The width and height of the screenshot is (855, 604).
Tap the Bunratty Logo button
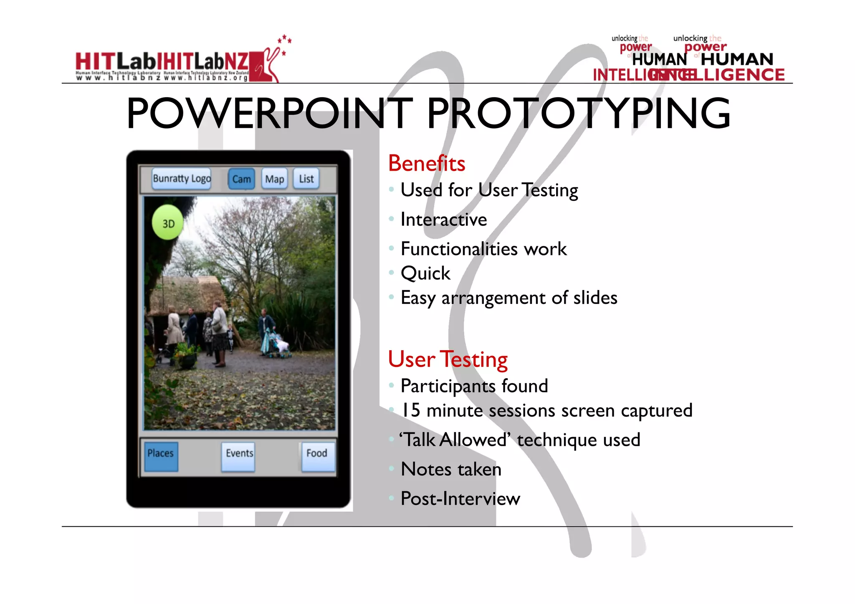click(182, 179)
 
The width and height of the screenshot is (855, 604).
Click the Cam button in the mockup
click(241, 179)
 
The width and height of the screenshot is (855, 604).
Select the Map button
click(274, 179)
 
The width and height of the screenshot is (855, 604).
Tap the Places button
click(161, 456)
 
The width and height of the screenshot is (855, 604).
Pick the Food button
click(317, 456)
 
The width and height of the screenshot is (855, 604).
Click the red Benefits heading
click(426, 163)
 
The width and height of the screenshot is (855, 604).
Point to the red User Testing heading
click(448, 359)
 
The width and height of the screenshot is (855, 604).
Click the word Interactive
click(443, 220)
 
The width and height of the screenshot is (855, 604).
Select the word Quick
click(425, 273)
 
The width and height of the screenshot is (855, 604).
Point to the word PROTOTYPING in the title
click(578, 113)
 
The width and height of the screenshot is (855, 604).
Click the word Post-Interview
click(460, 498)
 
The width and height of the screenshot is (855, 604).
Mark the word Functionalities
click(459, 249)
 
